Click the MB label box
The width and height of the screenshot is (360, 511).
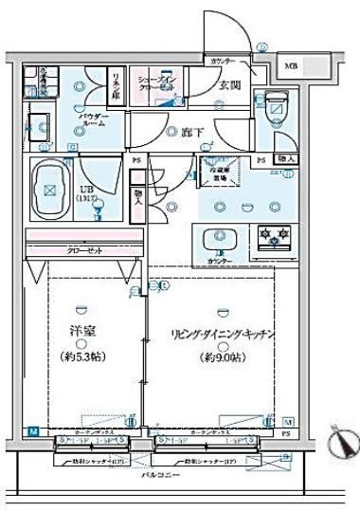(293, 65)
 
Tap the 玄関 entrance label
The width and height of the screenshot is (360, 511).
(230, 85)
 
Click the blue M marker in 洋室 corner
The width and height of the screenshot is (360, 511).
(33, 431)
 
